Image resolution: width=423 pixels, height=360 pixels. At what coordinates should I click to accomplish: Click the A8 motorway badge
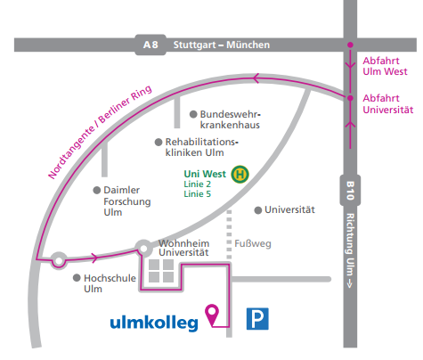pos(150,45)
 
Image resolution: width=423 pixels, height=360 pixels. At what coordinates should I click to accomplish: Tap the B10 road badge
pos(350,191)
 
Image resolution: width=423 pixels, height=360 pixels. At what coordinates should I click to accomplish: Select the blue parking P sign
pos(257,319)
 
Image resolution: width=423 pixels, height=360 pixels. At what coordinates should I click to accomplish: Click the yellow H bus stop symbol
pos(240,174)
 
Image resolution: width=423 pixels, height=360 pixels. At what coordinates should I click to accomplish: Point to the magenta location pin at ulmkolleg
pos(212,315)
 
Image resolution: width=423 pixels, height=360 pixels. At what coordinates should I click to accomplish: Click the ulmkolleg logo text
pos(154,323)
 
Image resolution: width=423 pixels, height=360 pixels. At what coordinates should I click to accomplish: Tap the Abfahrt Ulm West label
pos(385,66)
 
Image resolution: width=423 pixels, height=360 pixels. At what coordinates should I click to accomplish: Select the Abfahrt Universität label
pos(388,103)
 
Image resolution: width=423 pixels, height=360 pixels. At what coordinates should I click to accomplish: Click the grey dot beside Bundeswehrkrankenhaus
pos(193,114)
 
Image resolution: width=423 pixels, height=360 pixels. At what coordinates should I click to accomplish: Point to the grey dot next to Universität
pos(258,210)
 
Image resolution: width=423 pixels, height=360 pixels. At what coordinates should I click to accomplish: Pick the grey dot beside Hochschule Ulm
pos(77,278)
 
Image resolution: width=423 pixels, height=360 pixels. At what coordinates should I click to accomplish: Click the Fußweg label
pos(253,243)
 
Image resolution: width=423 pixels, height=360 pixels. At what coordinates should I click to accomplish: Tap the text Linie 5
pos(197,194)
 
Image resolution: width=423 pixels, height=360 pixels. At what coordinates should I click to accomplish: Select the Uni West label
pos(205,174)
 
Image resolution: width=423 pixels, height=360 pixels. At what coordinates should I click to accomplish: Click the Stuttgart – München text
pos(222,45)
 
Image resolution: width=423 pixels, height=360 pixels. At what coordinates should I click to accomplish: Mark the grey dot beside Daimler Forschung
pos(97,190)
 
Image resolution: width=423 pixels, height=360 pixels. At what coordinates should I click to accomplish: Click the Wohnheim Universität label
pos(183,248)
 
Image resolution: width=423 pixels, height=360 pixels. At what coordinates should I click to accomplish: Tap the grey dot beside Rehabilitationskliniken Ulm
pos(159,142)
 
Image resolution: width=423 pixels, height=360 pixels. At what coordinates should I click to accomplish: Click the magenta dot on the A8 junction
pos(350,45)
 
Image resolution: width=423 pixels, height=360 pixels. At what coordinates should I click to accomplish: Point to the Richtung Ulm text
pos(350,250)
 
